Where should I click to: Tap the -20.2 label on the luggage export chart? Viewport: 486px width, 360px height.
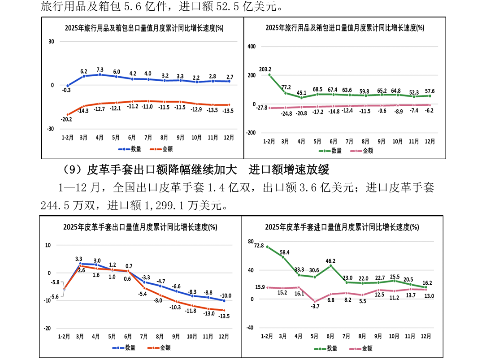tap(66, 120)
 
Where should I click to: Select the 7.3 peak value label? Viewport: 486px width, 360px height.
tap(100, 69)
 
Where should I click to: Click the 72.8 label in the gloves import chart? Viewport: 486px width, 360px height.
tap(259, 246)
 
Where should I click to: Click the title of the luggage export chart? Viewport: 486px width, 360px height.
tap(143, 28)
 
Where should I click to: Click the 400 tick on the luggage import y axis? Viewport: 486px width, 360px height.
tap(251, 47)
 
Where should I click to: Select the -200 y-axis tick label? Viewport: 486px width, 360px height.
tap(250, 133)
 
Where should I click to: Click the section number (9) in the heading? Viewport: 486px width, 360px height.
tap(71, 170)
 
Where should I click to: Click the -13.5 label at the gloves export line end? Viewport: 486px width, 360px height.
tap(224, 316)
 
